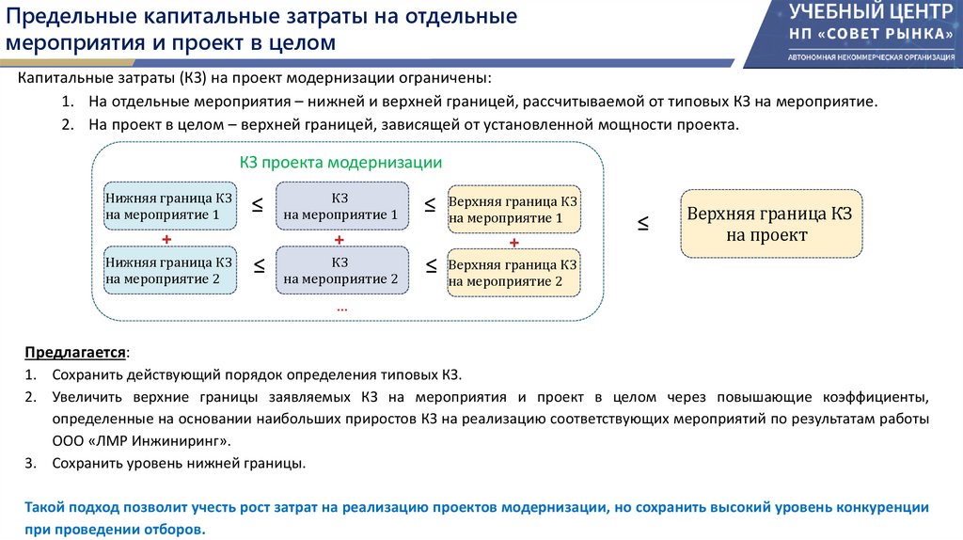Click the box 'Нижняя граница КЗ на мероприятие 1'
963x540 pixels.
169,207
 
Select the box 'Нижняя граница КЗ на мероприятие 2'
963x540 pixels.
169,270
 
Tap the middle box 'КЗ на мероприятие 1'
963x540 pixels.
340,207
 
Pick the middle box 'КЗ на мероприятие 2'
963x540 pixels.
340,270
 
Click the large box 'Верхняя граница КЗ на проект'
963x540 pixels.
770,224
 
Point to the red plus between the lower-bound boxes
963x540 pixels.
166,239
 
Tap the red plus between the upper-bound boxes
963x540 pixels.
514,243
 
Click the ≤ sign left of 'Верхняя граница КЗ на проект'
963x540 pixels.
644,224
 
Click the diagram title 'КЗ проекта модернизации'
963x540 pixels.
340,162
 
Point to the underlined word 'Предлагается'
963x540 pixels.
75,353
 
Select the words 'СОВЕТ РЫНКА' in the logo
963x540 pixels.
884,34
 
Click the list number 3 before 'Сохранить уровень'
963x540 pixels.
30,463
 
